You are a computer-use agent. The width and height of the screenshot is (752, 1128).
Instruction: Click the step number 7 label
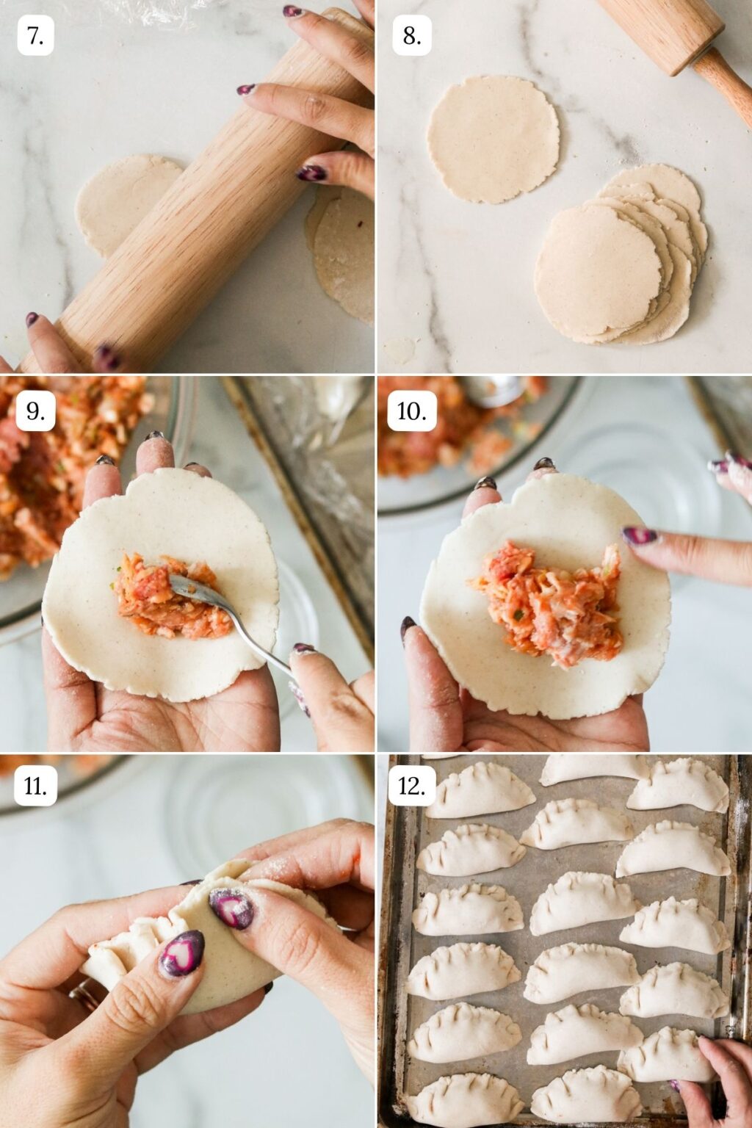point(35,36)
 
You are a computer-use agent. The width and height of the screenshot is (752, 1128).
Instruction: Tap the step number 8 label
point(411,36)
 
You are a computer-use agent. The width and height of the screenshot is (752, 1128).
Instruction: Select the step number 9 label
point(35,411)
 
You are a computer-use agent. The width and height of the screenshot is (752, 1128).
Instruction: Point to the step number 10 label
point(411,411)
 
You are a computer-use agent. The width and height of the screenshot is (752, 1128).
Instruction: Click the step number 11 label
point(35,787)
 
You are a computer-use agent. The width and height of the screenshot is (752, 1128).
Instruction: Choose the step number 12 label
point(411,787)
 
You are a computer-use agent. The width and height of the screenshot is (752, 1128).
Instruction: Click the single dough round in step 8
point(493,139)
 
